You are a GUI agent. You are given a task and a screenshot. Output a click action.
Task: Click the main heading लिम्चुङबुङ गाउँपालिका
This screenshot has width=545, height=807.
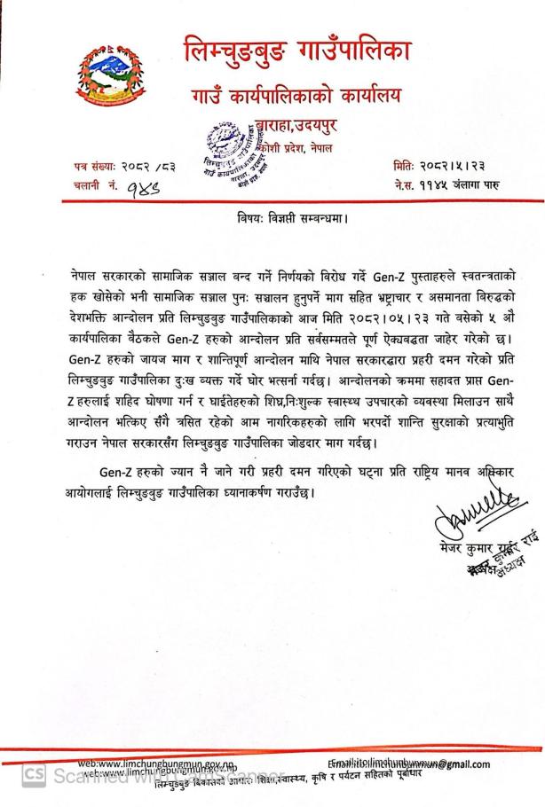tap(296, 50)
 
